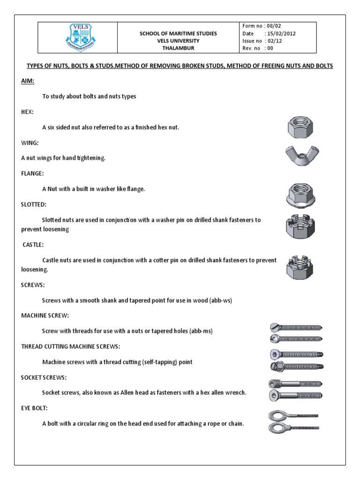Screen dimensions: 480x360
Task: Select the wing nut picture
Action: pyautogui.click(x=302, y=156)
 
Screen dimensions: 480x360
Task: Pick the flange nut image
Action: pyautogui.click(x=300, y=194)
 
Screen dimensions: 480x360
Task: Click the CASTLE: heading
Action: pyautogui.click(x=33, y=245)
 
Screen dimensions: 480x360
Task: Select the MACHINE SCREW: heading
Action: pyautogui.click(x=45, y=315)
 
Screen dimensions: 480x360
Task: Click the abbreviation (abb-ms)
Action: pyautogui.click(x=201, y=331)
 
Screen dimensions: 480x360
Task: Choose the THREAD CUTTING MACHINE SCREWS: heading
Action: pyautogui.click(x=70, y=346)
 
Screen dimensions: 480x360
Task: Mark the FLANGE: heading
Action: pyautogui.click(x=32, y=173)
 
